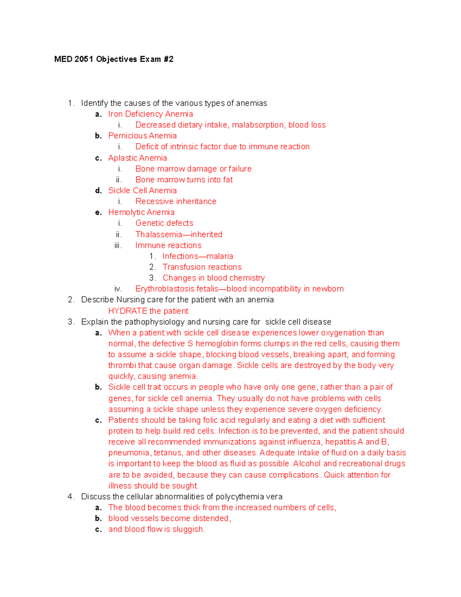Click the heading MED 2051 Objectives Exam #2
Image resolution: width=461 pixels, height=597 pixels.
114,59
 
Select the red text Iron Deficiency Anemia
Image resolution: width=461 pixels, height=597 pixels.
151,114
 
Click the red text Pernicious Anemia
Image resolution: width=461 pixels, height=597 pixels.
142,136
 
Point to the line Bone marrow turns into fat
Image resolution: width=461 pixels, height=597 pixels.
184,180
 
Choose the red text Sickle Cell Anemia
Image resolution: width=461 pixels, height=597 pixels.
142,191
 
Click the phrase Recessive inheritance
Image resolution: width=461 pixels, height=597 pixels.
176,201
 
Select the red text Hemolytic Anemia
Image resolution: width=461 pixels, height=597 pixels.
141,212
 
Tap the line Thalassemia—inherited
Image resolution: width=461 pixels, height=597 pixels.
179,234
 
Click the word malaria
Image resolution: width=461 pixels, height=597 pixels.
220,256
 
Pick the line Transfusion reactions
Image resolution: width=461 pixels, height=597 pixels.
202,267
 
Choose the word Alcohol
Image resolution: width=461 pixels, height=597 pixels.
307,464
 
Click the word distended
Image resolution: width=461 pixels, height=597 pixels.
211,519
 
